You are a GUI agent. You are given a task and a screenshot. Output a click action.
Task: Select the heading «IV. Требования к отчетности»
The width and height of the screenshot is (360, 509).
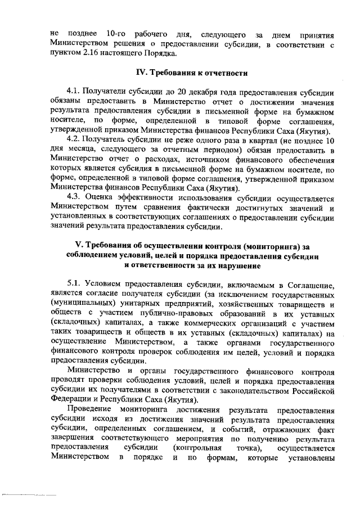[x=191, y=73]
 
